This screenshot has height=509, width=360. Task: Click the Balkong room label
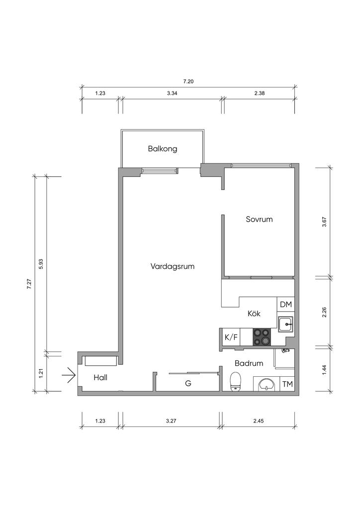163,149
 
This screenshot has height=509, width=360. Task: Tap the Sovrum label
259,219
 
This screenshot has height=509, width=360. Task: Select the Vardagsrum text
173,266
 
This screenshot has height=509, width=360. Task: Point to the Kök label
254,314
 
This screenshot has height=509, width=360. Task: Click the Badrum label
249,363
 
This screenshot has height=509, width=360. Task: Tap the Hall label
100,378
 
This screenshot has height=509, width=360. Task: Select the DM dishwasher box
285,305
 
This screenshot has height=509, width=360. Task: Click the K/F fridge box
231,338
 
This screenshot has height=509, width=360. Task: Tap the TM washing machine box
287,384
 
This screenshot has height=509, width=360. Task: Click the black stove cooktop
262,337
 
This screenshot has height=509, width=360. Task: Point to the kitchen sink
285,324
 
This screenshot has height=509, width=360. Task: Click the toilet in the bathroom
235,382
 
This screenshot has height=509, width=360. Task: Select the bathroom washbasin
267,384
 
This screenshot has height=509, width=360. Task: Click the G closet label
188,383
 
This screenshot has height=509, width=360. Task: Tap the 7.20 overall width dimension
188,82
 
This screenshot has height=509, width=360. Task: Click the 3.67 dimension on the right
324,221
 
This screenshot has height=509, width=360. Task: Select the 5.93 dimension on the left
41,264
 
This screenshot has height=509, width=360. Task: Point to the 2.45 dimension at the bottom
259,421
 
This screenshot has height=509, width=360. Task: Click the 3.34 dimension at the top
172,93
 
